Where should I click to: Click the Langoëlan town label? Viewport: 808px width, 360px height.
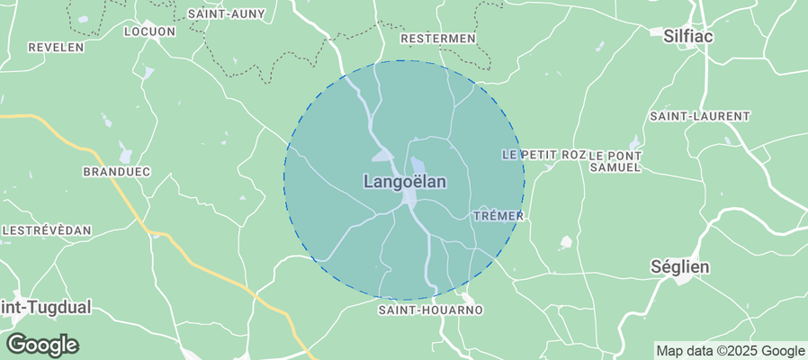tap(405, 181)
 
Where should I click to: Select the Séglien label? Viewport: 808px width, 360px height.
tap(680, 267)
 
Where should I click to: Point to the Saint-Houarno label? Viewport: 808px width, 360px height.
tap(430, 310)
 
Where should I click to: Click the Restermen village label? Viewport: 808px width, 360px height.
tap(437, 39)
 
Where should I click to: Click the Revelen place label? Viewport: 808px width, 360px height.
tap(56, 47)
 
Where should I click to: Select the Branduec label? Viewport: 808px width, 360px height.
tap(116, 171)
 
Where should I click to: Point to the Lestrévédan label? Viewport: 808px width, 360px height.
tap(47, 230)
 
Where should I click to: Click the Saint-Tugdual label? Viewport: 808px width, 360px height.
tap(45, 307)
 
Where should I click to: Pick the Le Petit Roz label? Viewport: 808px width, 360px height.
tap(543, 155)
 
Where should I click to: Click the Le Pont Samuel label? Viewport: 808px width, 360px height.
tap(615, 161)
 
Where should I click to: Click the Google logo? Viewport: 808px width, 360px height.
tap(41, 344)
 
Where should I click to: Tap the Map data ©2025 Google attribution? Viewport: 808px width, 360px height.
tap(730, 351)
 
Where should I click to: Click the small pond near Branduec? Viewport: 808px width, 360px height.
tap(125, 156)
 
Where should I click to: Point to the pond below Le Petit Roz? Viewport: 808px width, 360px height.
tap(566, 241)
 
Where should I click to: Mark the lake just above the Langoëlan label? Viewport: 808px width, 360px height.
tap(418, 166)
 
